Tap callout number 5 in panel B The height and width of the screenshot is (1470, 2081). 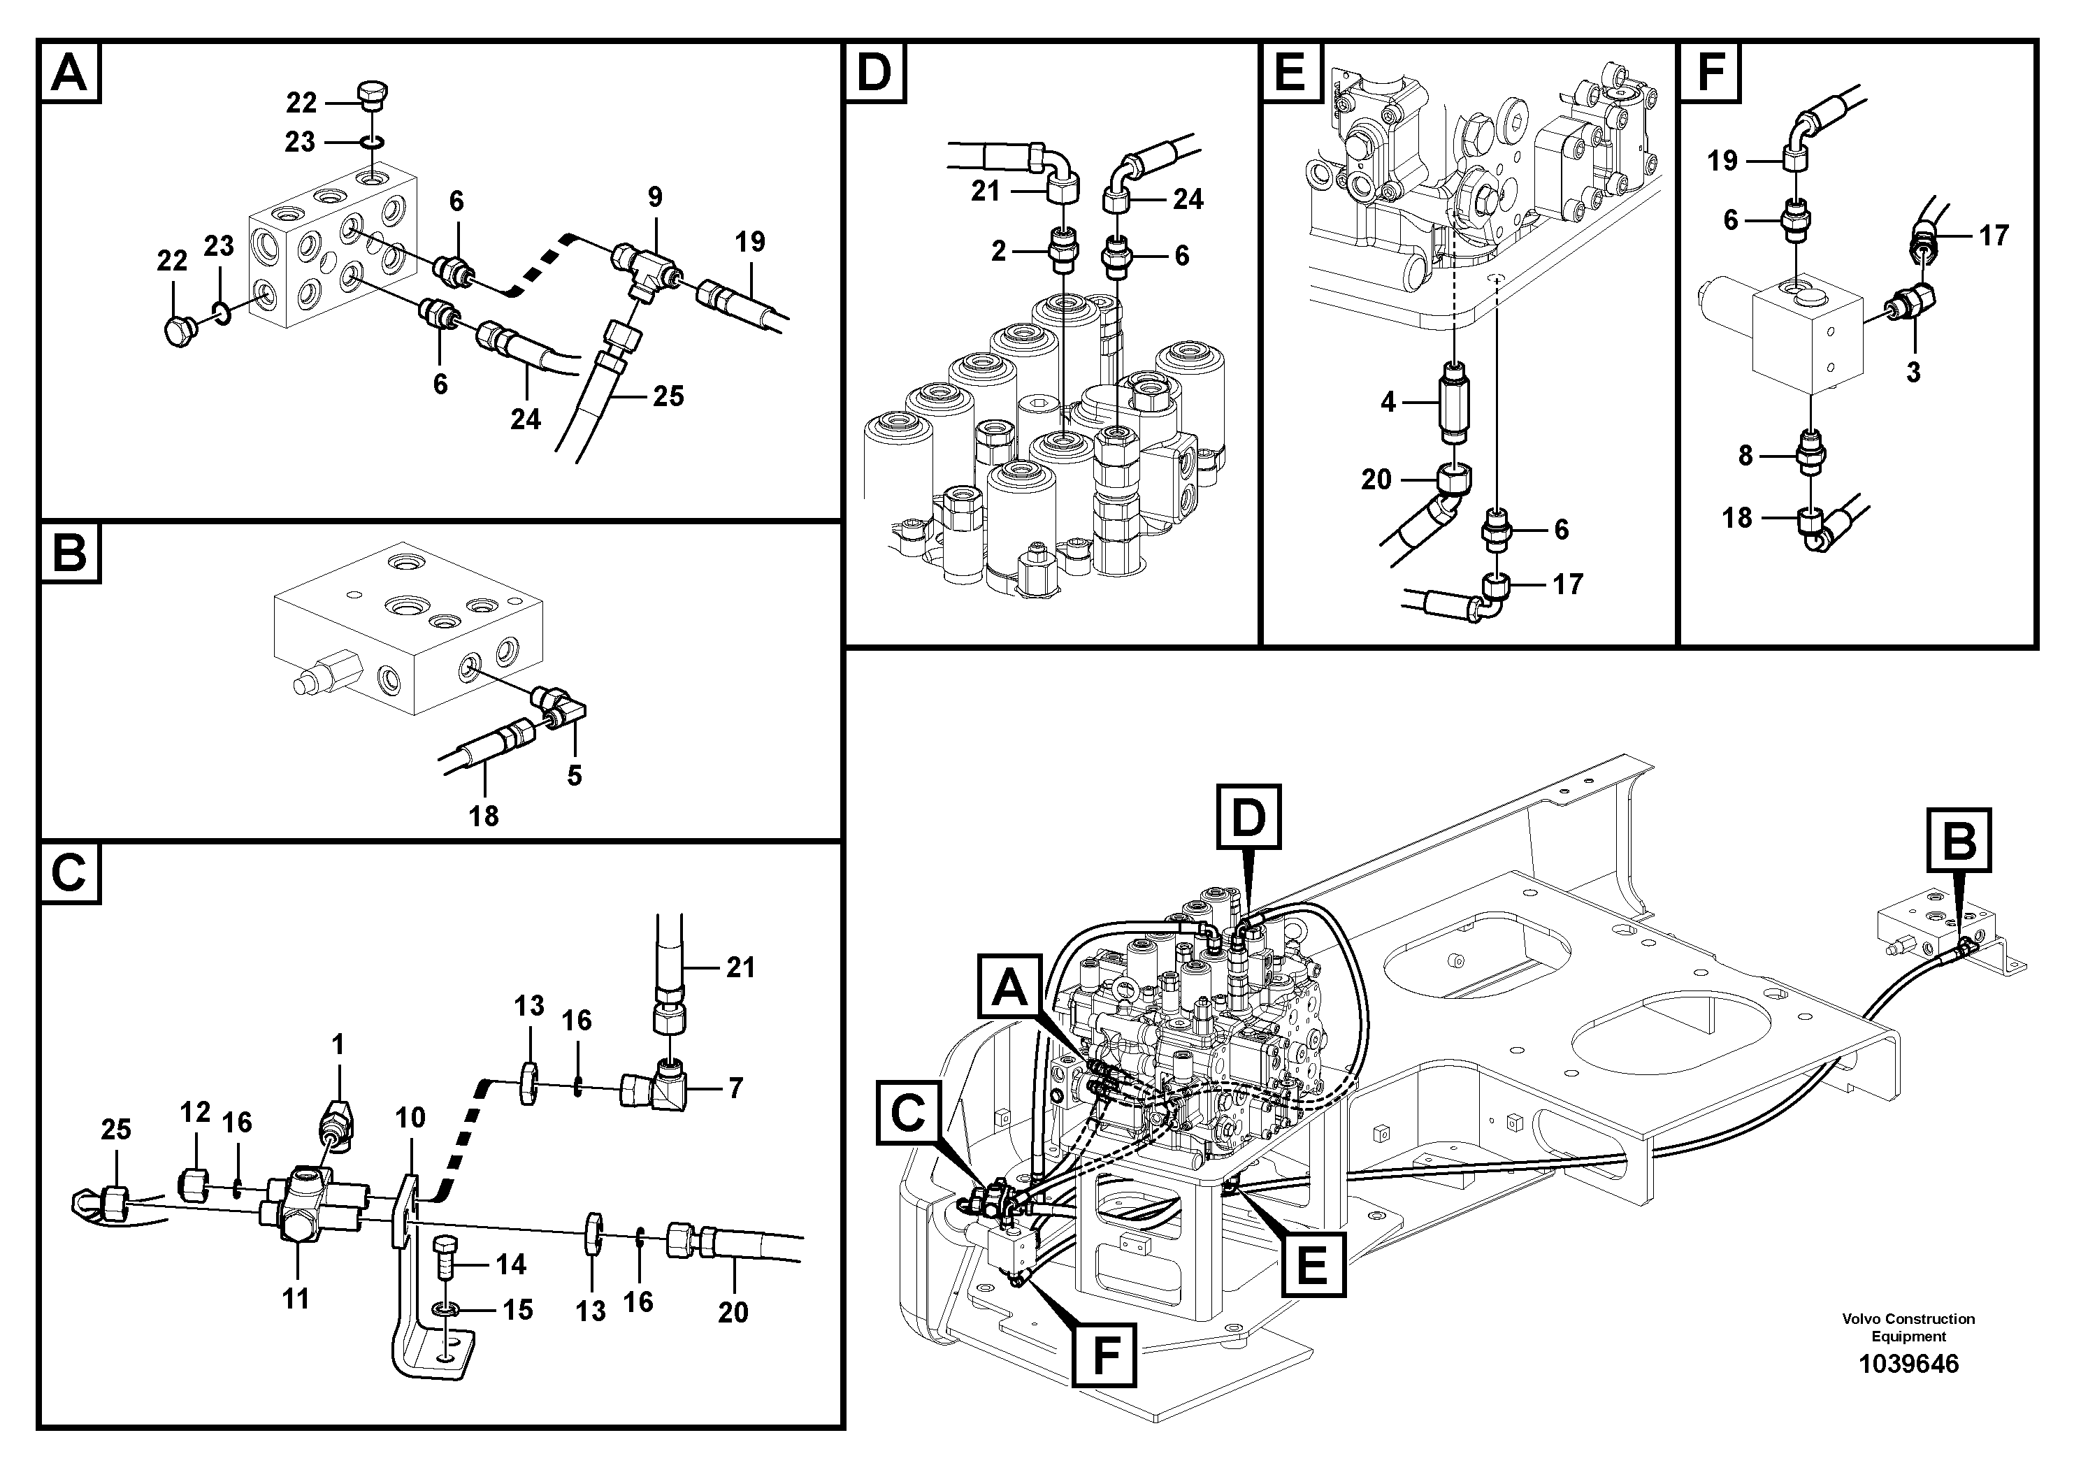coord(574,776)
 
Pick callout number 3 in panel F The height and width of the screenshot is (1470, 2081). coord(1913,373)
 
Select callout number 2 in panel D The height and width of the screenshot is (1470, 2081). coord(998,251)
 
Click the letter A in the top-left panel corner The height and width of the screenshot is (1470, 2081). coord(70,73)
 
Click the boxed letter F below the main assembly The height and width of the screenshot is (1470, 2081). coord(1103,1356)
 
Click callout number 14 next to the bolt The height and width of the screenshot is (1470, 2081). coord(510,1264)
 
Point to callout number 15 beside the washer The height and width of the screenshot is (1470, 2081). coord(517,1310)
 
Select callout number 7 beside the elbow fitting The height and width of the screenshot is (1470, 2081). coord(735,1088)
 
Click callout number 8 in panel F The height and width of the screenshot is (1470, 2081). coord(1745,456)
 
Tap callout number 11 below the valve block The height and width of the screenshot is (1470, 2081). coord(296,1299)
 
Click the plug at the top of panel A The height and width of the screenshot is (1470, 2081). coord(373,94)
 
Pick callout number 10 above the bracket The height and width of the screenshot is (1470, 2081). coord(410,1118)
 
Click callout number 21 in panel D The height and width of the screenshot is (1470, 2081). coord(985,192)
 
